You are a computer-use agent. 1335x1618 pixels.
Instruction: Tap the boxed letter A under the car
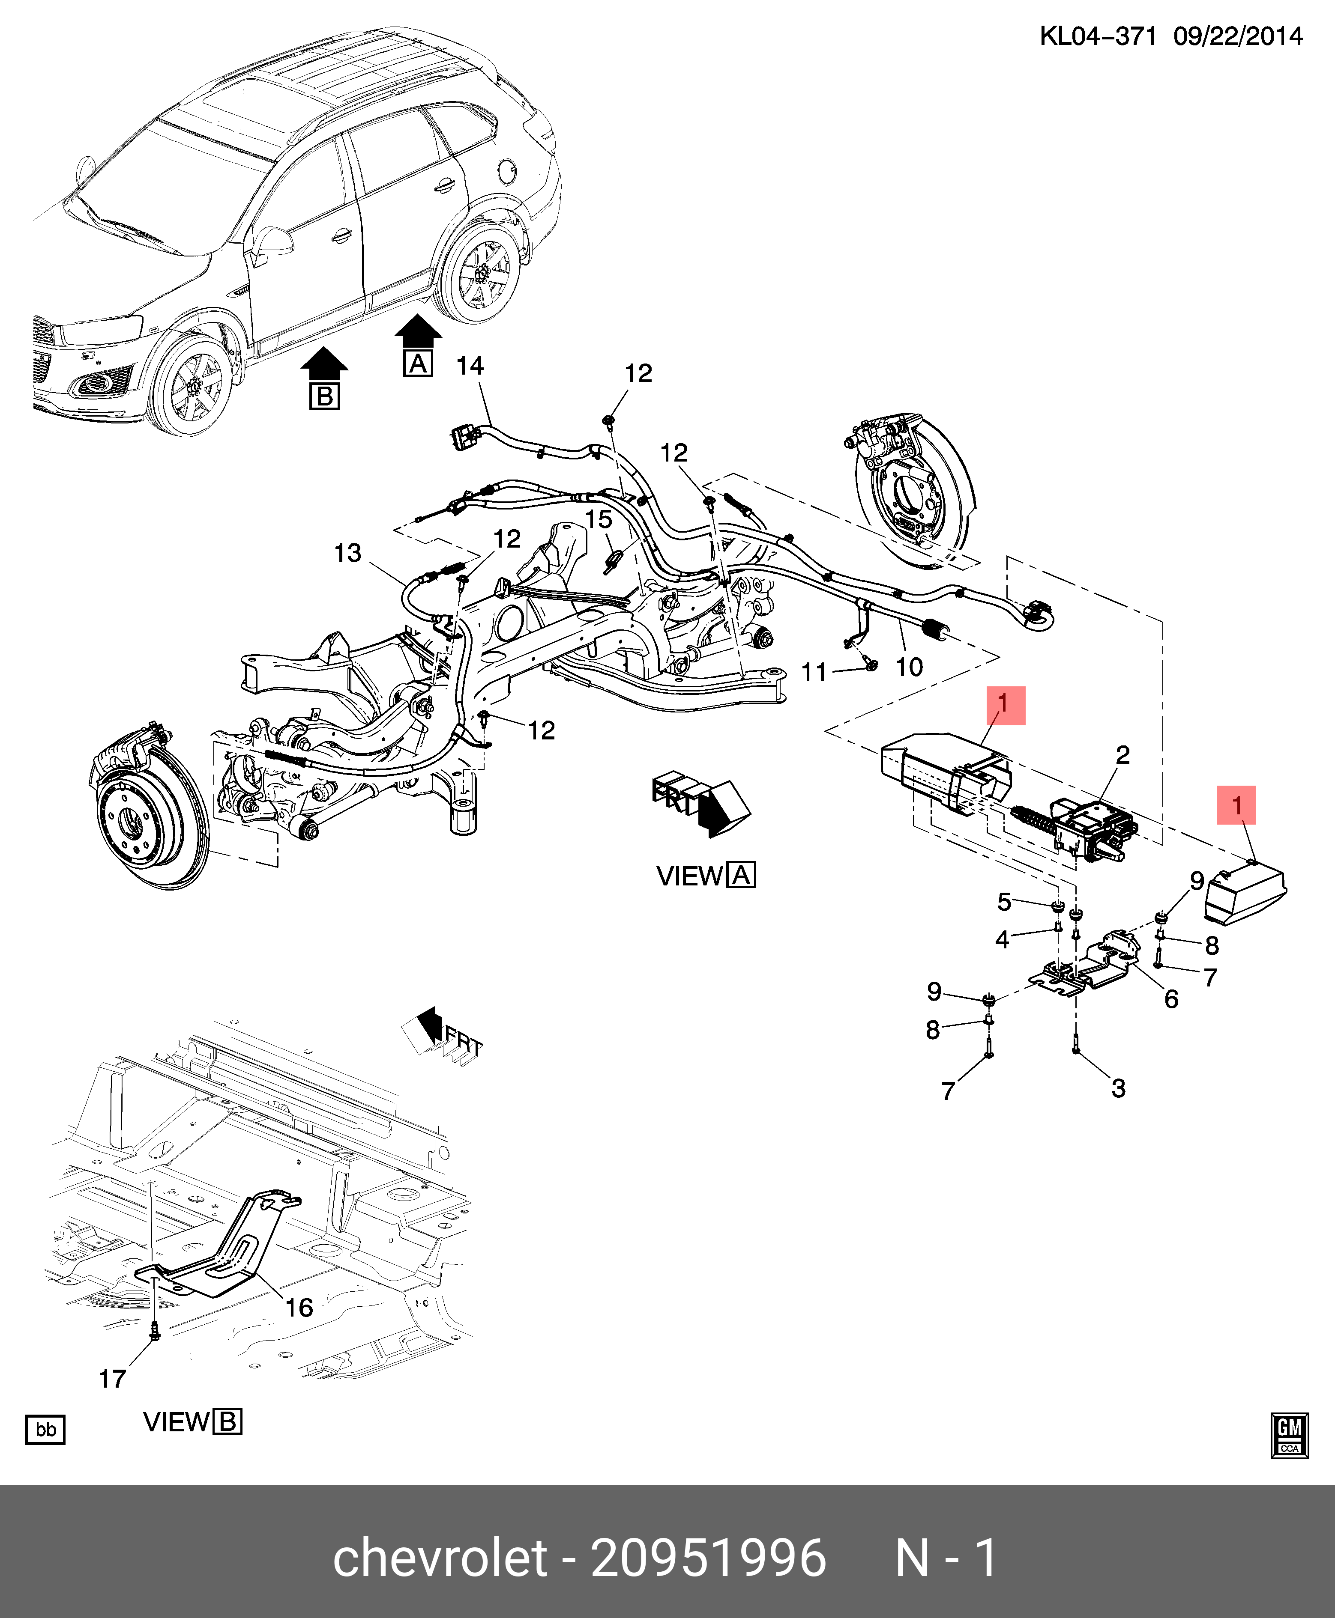(418, 364)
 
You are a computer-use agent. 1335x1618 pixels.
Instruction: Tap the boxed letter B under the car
(324, 396)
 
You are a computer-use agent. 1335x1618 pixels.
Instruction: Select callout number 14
(470, 366)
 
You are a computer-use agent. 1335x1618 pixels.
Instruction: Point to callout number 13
(347, 553)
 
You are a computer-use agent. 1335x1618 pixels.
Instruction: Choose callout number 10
(909, 667)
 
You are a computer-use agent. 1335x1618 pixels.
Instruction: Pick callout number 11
(814, 673)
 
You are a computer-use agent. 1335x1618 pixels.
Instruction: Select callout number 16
(299, 1308)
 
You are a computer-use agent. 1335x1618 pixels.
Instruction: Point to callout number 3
(1118, 1088)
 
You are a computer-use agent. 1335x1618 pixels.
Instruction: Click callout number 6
(1171, 998)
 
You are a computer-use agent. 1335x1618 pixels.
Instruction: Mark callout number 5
(1004, 902)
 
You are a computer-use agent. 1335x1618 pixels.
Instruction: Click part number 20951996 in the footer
(708, 1558)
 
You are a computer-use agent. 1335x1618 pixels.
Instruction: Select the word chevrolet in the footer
(440, 1558)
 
